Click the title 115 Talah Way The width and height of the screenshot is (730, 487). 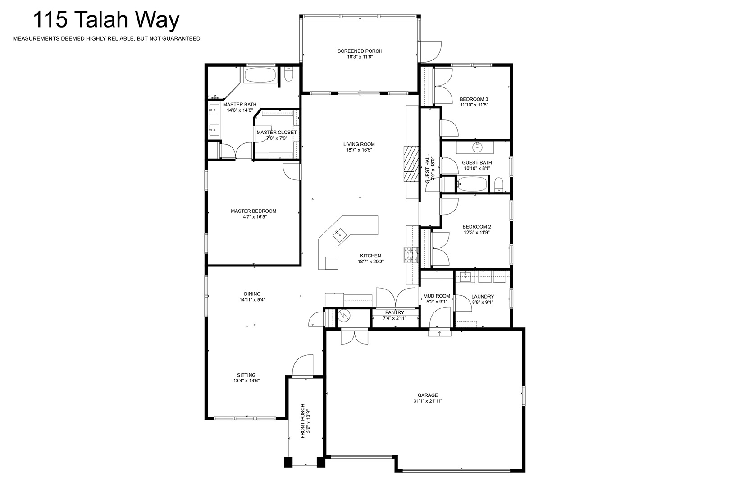point(106,19)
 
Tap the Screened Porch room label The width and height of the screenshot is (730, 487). point(360,51)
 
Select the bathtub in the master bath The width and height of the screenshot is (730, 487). point(260,75)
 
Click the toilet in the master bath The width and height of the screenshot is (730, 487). point(288,74)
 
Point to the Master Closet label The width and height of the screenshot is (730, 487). point(277,133)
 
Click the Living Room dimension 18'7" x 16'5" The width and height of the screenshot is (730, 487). point(359,150)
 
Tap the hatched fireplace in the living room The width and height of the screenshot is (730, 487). point(411,164)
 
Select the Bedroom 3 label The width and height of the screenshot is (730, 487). point(474,99)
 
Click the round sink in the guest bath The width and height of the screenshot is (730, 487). point(477,148)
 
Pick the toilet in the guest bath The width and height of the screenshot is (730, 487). point(499,185)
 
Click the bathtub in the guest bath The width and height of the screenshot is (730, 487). point(472,184)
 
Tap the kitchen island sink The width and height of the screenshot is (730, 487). point(338,234)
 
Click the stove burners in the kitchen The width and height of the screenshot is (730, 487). point(411,255)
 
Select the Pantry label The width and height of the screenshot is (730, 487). point(395,312)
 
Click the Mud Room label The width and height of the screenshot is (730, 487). point(437,296)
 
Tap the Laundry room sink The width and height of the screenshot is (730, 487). point(466,276)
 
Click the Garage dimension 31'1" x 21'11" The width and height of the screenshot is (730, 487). point(428,401)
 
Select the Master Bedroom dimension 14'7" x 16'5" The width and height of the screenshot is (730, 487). point(254,217)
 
